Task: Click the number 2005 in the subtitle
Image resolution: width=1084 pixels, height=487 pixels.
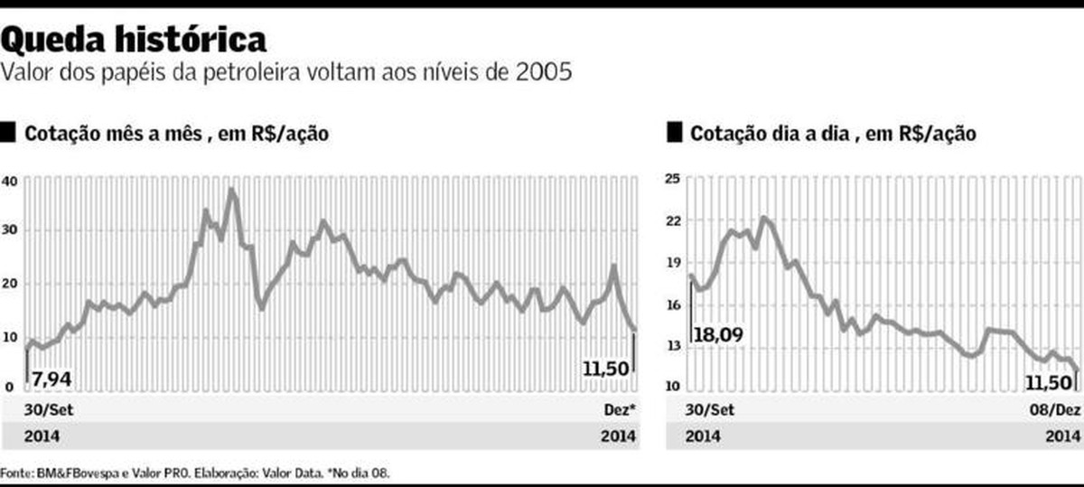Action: coord(544,72)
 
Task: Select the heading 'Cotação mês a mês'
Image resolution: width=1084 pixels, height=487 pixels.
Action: coord(127,134)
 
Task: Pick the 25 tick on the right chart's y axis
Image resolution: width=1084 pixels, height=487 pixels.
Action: coord(673,179)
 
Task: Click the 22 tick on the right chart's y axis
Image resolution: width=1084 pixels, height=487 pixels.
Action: coord(673,220)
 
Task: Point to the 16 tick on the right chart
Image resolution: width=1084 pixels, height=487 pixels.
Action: coord(673,304)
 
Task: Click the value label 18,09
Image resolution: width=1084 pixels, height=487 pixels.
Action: coord(719,336)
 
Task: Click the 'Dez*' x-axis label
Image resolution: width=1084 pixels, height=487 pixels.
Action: coord(619,409)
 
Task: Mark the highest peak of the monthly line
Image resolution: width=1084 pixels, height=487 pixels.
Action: coord(232,190)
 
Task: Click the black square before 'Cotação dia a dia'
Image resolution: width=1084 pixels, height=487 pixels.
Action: coord(673,134)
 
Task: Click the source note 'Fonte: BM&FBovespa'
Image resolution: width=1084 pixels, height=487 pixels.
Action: coord(59,473)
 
